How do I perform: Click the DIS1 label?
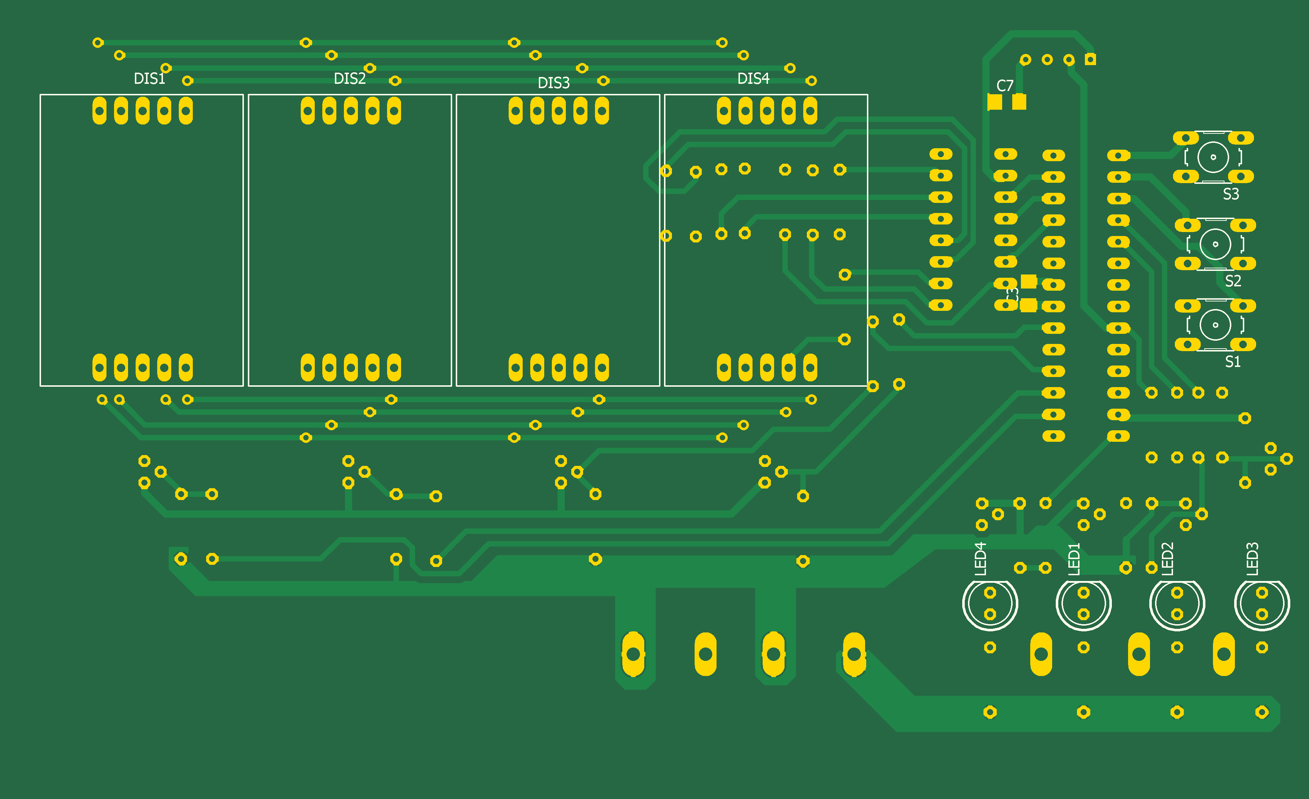(x=149, y=79)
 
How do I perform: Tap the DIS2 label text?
(x=350, y=79)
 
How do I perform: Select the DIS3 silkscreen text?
(x=554, y=83)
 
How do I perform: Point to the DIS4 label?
(x=753, y=79)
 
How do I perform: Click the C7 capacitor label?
(x=1005, y=86)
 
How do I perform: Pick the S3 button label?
(x=1231, y=194)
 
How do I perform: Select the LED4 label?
(x=981, y=559)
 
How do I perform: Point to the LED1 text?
(x=1074, y=559)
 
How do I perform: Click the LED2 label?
(x=1168, y=559)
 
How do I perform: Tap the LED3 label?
(x=1253, y=559)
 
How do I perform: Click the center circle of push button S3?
(x=1213, y=157)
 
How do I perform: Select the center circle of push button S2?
(x=1215, y=244)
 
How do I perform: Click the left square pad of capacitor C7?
(x=995, y=101)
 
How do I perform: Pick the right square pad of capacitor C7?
(x=1019, y=101)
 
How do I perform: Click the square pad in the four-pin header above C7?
(x=1090, y=59)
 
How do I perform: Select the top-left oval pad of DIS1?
(x=99, y=111)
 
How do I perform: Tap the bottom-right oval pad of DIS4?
(x=810, y=368)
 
